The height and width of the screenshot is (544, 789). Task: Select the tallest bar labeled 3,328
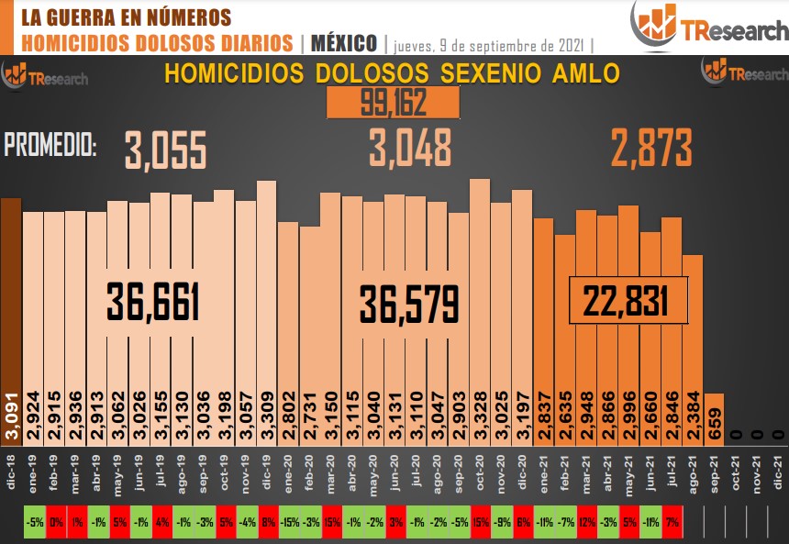point(479,303)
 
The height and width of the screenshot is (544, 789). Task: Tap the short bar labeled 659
point(714,422)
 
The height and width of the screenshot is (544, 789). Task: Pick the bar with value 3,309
point(266,303)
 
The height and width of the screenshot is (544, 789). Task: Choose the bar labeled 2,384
point(692,349)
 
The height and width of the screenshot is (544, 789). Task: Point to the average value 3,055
point(166,150)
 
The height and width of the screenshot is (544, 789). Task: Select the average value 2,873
point(651,148)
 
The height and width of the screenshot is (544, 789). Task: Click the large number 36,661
point(153,302)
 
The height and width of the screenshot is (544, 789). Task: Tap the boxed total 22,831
point(628,300)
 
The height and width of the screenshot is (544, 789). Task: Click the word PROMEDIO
point(50,145)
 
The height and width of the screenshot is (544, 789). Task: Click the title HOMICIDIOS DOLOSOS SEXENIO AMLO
point(392,73)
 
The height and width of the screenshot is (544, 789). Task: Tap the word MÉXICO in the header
point(344,43)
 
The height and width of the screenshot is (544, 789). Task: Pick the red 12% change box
point(585,523)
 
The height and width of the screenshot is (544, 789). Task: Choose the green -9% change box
point(500,523)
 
